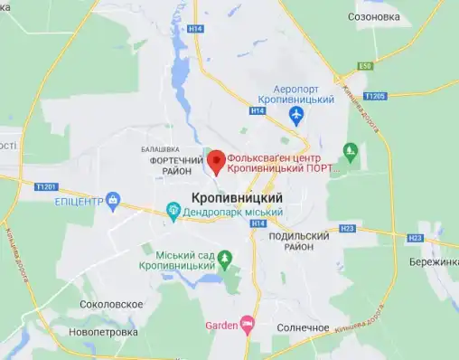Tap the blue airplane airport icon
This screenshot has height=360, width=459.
click(x=295, y=116)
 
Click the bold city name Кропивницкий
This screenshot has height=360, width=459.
click(x=237, y=197)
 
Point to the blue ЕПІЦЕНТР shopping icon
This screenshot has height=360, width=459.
click(x=113, y=199)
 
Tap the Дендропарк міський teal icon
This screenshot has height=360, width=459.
click(x=173, y=213)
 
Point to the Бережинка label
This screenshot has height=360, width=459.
click(x=434, y=261)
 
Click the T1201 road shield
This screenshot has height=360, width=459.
click(x=46, y=186)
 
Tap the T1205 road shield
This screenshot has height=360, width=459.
click(x=374, y=95)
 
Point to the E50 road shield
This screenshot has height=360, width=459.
click(x=365, y=66)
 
